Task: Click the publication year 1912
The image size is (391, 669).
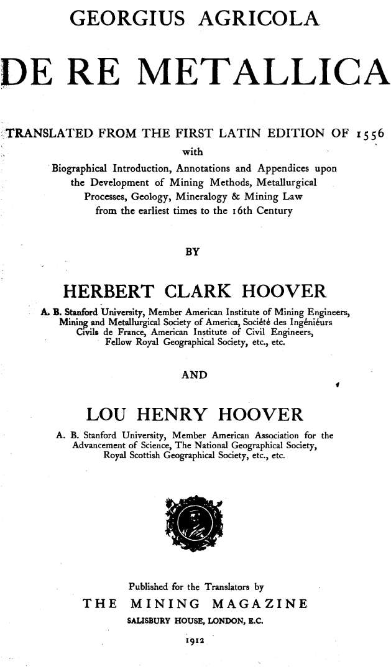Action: coord(195,637)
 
